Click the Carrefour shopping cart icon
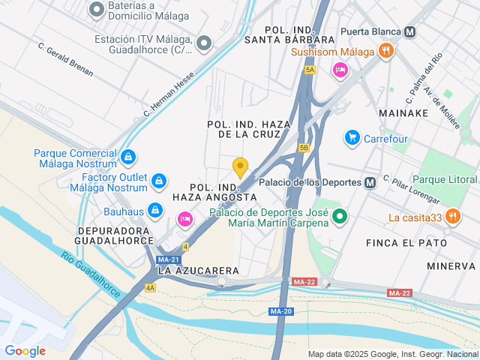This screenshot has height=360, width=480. [x=352, y=138]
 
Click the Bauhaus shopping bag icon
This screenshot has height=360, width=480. [x=155, y=211]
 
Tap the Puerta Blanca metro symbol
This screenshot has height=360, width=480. [x=409, y=32]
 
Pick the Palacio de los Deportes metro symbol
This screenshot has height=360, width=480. [x=370, y=182]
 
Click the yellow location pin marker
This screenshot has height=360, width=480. [x=240, y=167]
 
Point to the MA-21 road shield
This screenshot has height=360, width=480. [x=169, y=259]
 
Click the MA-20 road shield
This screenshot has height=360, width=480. [x=280, y=311]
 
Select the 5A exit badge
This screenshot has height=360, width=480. [x=310, y=70]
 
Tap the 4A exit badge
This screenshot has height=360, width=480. [x=151, y=287]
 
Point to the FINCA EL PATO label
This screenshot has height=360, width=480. [x=406, y=243]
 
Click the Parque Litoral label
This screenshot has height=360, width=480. [x=445, y=180]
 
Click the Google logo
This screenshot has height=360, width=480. [x=25, y=350]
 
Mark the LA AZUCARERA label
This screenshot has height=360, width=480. [x=198, y=270]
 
